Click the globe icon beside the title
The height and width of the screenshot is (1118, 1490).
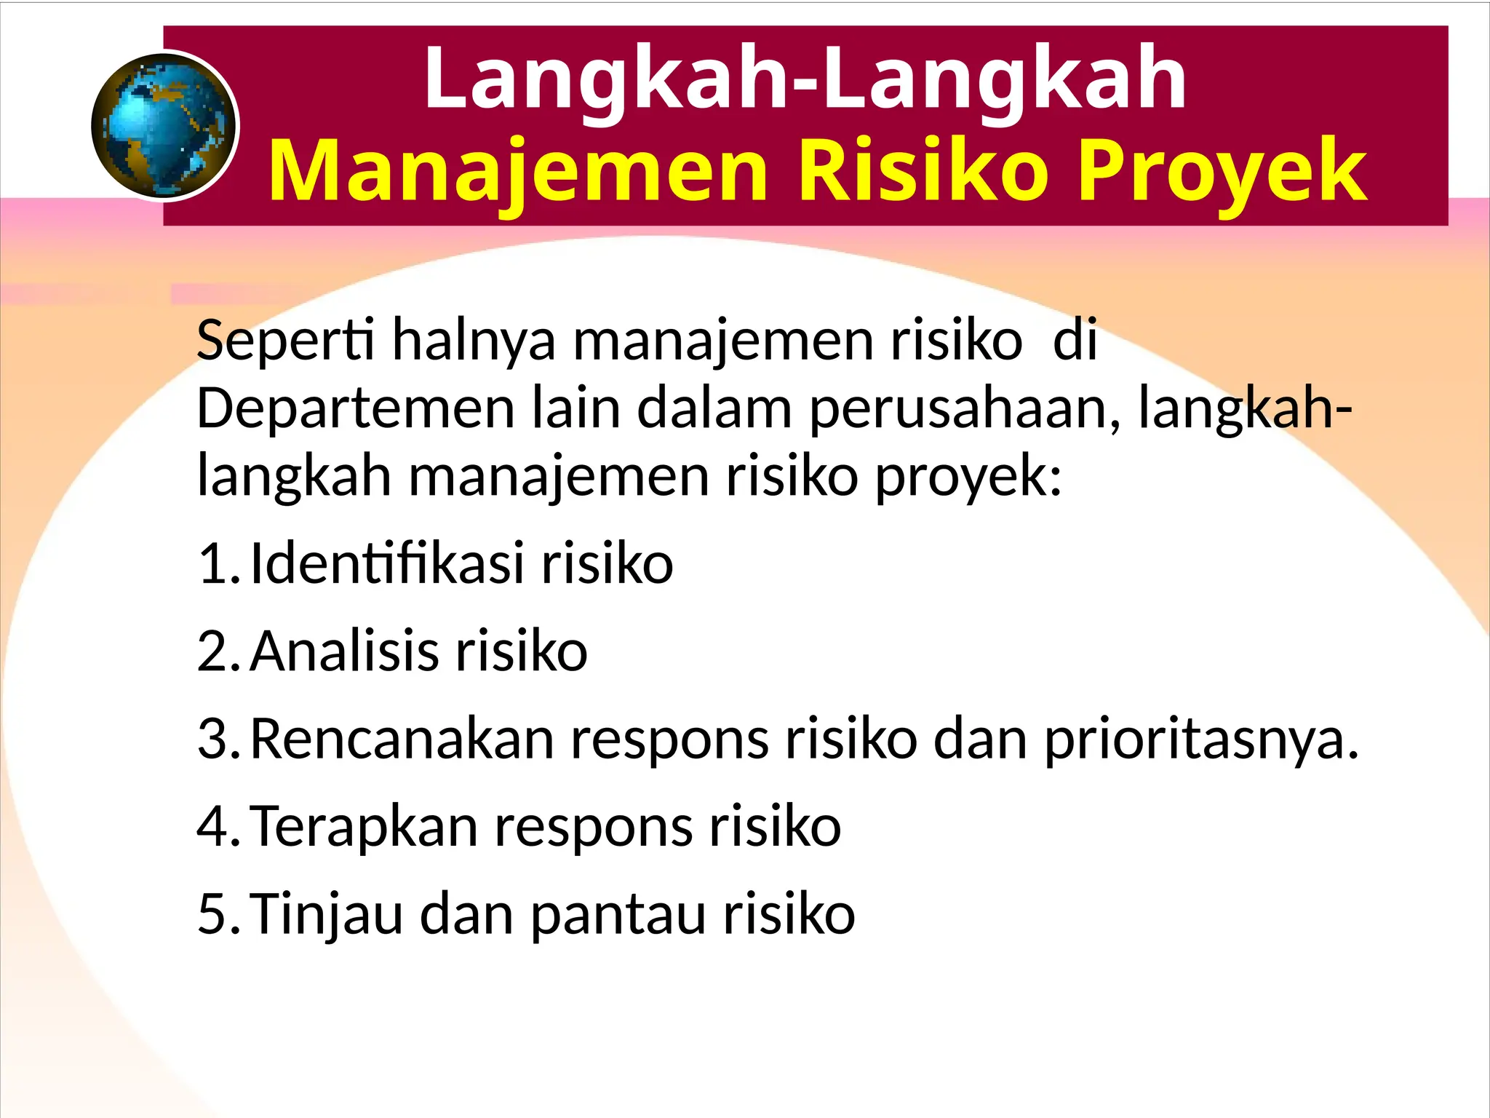pos(165,126)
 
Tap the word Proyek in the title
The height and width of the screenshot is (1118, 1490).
pos(1222,172)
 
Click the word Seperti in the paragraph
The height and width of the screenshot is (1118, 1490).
pos(285,341)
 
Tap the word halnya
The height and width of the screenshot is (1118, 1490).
pos(474,341)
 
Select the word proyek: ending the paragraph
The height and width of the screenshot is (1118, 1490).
pos(968,479)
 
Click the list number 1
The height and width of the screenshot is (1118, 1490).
pos(217,564)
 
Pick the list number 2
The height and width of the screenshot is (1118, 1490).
pos(217,651)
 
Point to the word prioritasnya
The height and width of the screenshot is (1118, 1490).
pos(1201,740)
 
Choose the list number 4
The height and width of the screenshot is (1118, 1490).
pos(217,827)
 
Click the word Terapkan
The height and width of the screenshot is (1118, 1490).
pos(364,827)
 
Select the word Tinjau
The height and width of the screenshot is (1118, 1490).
pos(327,915)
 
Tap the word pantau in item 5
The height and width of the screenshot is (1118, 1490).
pos(618,915)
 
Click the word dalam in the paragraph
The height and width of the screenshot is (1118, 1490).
pos(714,409)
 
